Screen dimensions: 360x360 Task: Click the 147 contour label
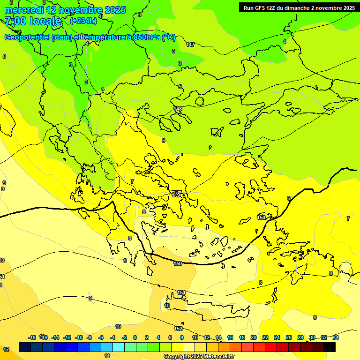click(190, 45)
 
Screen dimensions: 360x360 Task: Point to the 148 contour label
click(178, 109)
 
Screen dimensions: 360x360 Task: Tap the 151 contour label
click(181, 292)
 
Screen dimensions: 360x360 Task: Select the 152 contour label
click(179, 329)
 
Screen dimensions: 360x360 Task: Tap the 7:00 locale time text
click(33, 21)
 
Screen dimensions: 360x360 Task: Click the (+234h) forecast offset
click(83, 21)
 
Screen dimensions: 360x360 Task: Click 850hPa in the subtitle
click(147, 37)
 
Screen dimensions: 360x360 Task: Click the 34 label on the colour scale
click(335, 337)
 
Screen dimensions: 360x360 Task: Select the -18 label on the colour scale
click(32, 337)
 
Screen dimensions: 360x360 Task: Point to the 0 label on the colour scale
click(135, 337)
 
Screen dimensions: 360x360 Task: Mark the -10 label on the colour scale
click(79, 337)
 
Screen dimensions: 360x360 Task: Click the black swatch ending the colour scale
click(330, 347)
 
